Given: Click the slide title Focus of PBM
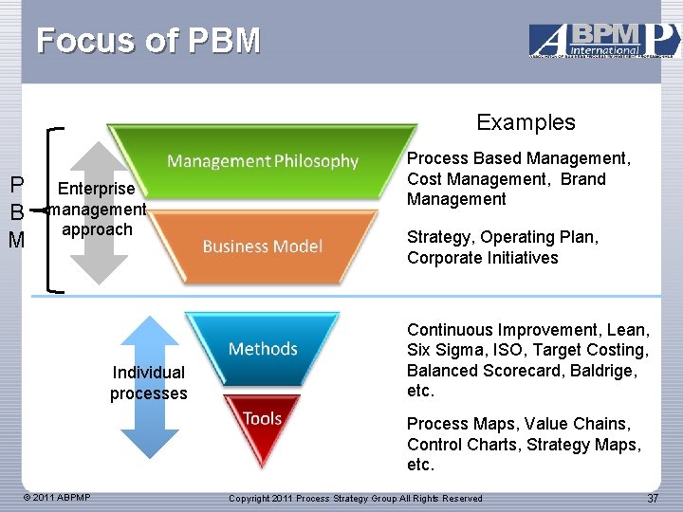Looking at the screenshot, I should pos(148,41).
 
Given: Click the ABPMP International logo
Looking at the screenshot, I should pos(603,41).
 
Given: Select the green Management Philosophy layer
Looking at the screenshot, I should pos(263,161).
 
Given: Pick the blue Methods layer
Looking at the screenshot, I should pos(263,349).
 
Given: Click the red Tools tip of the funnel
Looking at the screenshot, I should pos(263,419).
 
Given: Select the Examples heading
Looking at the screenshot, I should pos(526,122).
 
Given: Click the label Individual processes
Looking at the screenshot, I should pos(149,383).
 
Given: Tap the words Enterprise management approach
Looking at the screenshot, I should pos(97,209).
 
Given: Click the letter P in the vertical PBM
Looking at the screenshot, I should pos(16,184).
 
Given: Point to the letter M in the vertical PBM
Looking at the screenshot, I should pos(16,241).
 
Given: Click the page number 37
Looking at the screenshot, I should pos(652,498).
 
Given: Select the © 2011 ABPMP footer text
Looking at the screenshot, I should pos(58,498).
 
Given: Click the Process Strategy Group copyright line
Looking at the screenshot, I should pos(356,499).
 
